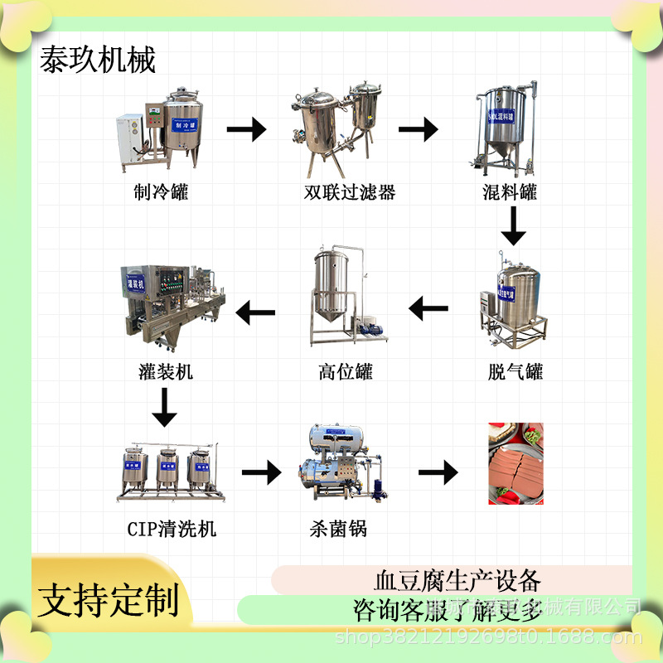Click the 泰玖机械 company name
98,60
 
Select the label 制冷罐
162,193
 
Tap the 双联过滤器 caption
349,193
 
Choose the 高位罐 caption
346,372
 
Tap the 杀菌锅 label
340,528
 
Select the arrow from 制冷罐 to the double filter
246,129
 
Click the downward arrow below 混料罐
513,225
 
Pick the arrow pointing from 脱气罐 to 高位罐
428,310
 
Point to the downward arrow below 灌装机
165,407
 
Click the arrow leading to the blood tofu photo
438,473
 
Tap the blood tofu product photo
515,464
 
